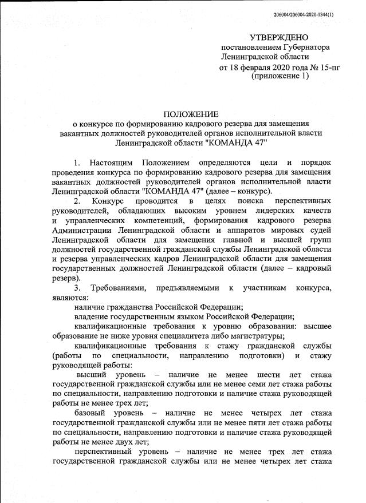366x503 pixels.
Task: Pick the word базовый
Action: (90, 410)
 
